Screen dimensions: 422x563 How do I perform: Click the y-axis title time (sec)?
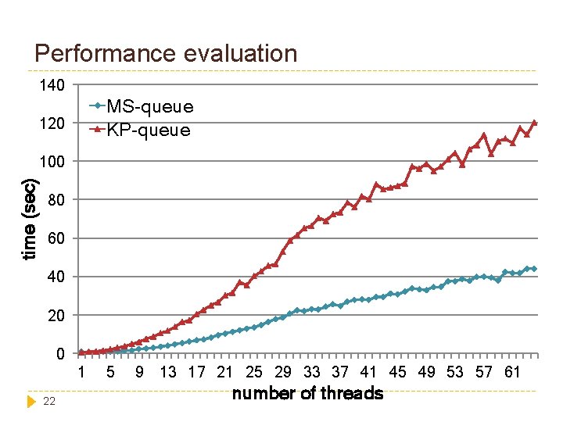click(30, 220)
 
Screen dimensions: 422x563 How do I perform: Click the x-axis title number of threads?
click(307, 393)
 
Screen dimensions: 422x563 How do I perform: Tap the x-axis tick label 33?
click(311, 372)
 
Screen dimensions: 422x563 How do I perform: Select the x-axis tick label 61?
click(512, 372)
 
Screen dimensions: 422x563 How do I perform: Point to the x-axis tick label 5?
click(110, 372)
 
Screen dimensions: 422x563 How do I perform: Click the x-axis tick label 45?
click(397, 372)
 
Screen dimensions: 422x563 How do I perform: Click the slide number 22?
click(49, 401)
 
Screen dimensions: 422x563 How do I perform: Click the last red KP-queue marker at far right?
click(535, 123)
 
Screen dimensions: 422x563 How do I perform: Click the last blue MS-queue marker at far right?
click(534, 269)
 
